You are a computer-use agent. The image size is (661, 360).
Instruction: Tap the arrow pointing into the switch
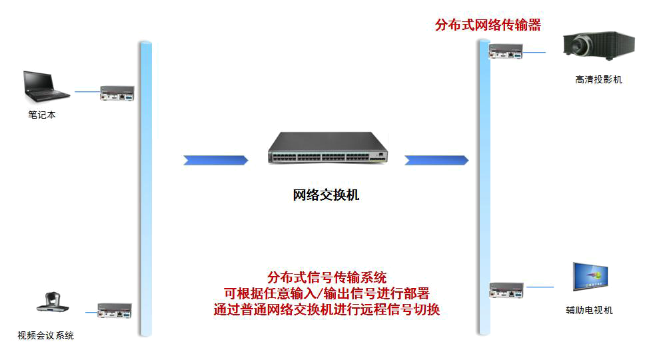coord(215,160)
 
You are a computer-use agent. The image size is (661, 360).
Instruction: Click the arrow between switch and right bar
coord(436,160)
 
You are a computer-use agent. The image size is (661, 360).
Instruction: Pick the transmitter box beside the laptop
coord(117,93)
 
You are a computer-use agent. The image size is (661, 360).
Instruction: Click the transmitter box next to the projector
coord(506,51)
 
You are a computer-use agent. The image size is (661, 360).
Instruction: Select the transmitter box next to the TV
coord(506,290)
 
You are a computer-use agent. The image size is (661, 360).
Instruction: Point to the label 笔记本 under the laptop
coord(42,115)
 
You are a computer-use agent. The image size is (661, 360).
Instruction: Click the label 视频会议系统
coord(45,335)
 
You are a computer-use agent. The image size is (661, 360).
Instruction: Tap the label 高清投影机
coord(598,80)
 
